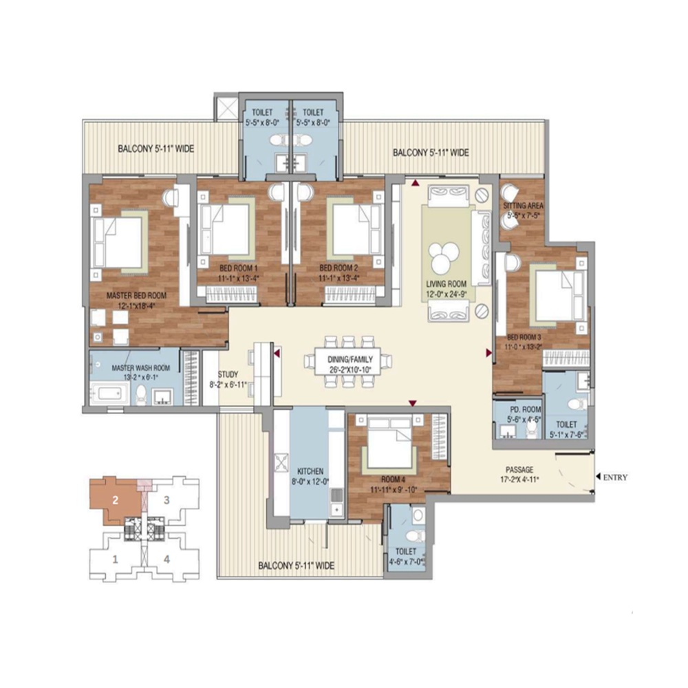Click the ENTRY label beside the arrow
click(x=615, y=477)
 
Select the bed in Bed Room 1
click(x=226, y=228)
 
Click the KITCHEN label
click(x=308, y=471)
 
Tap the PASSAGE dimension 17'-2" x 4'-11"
click(x=519, y=480)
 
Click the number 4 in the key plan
click(x=166, y=559)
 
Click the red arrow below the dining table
click(x=413, y=403)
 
